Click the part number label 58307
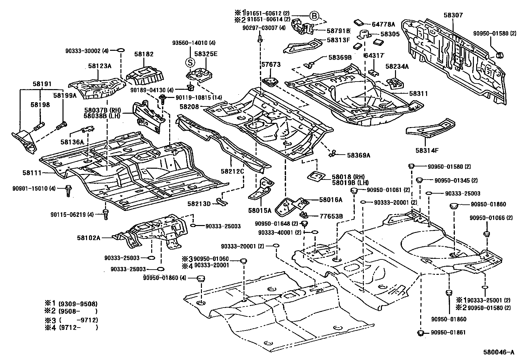click(453, 15)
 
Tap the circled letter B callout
click(314, 16)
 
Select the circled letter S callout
click(190, 63)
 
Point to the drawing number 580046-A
click(499, 352)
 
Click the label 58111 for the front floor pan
click(32, 173)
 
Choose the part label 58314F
click(427, 150)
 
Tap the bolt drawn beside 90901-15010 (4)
click(68, 191)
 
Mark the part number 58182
click(144, 54)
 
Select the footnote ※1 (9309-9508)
click(71, 304)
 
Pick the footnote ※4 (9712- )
click(71, 327)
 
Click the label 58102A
click(89, 238)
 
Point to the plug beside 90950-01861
click(420, 333)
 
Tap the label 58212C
click(232, 171)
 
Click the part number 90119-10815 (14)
click(199, 98)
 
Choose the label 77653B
click(331, 216)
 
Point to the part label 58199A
click(65, 95)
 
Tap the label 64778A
click(383, 24)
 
